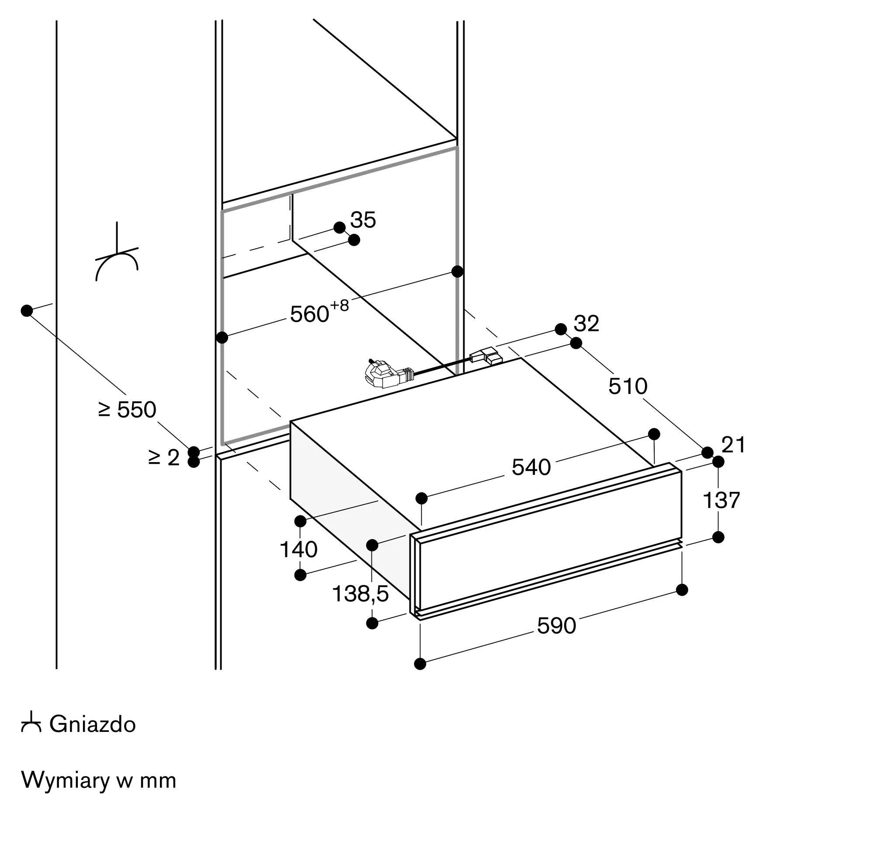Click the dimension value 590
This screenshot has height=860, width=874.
pyautogui.click(x=556, y=626)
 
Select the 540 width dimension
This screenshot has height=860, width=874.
pyautogui.click(x=531, y=467)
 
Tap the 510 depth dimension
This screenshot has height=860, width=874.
pyautogui.click(x=628, y=386)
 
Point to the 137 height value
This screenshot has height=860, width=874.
pyautogui.click(x=721, y=500)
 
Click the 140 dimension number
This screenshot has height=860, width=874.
pyautogui.click(x=298, y=550)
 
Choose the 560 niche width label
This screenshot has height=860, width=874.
pyautogui.click(x=310, y=314)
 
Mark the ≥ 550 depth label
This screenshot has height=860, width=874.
pyautogui.click(x=127, y=410)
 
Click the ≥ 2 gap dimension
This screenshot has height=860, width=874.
pyautogui.click(x=164, y=458)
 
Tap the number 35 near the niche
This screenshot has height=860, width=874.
pyautogui.click(x=363, y=220)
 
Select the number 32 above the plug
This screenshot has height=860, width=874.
pyautogui.click(x=586, y=324)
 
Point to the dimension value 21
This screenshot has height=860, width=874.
pyautogui.click(x=733, y=445)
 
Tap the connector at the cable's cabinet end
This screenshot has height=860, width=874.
pyautogui.click(x=486, y=355)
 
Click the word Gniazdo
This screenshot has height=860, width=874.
pyautogui.click(x=93, y=724)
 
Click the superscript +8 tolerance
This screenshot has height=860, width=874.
pyautogui.click(x=340, y=306)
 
